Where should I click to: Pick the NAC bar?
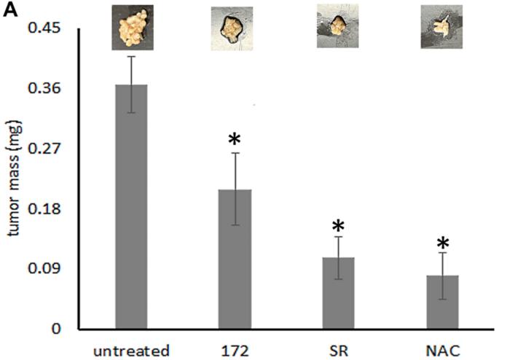pos(442,302)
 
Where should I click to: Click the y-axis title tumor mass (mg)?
pos(12,179)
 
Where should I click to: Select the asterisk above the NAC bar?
pos(442,243)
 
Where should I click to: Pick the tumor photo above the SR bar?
pos(337,27)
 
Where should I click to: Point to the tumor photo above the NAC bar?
pos(442,27)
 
